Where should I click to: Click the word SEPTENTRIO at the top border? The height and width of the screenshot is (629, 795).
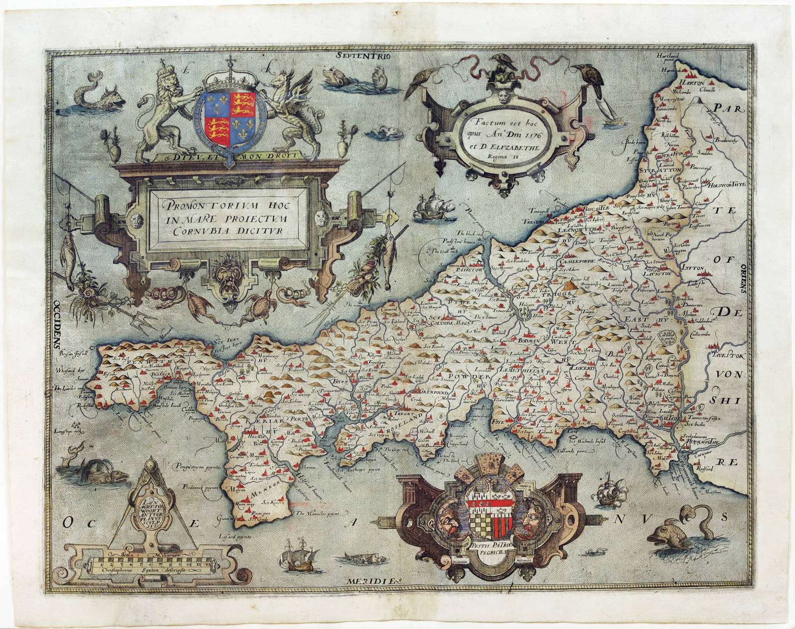point(363,56)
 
